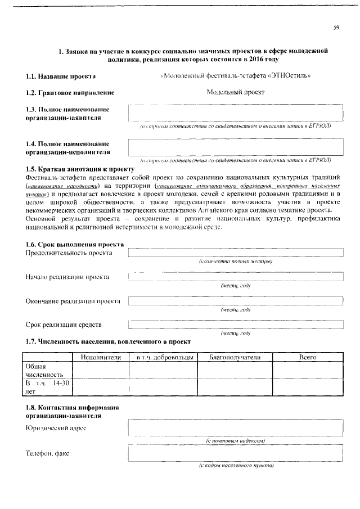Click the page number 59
click(x=336, y=28)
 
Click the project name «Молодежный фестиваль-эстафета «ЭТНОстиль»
click(x=235, y=75)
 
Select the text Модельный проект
click(x=235, y=92)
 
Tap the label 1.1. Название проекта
click(x=61, y=76)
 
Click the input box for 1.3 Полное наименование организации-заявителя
click(x=235, y=113)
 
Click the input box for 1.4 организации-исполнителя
click(x=235, y=147)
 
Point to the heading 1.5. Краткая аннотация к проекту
click(x=80, y=169)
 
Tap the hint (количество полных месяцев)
click(x=236, y=262)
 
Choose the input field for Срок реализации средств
click(x=235, y=325)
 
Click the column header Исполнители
click(x=101, y=357)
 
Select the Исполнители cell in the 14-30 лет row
click(x=101, y=387)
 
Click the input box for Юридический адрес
click(x=235, y=428)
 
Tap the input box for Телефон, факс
click(x=235, y=453)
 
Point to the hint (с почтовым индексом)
click(x=236, y=440)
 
